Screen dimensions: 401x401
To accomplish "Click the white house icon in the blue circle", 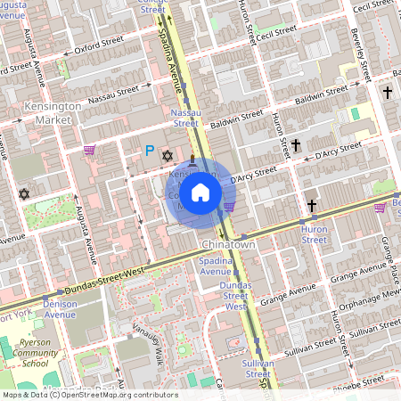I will (x=200, y=192).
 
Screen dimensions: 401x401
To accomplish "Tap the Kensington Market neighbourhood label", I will (x=51, y=112).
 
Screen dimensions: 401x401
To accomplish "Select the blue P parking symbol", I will (x=150, y=152).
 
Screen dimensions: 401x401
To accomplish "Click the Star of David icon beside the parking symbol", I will (x=167, y=156).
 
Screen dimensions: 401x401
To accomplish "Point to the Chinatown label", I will (x=229, y=244).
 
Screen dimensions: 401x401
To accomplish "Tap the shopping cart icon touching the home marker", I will (x=229, y=207).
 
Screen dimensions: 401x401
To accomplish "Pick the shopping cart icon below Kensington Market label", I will (x=88, y=150).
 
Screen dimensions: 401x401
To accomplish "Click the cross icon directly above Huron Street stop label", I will (x=312, y=207).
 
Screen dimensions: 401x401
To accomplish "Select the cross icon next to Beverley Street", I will (x=387, y=92).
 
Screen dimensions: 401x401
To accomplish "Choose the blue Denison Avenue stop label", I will (x=61, y=308).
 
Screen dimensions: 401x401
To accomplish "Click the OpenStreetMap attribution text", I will (x=89, y=394).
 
